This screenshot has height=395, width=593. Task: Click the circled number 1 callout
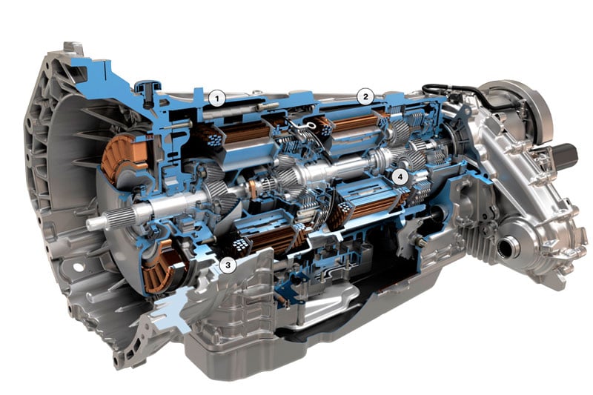pyautogui.click(x=216, y=99)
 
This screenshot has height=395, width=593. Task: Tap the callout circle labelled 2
pyautogui.click(x=365, y=97)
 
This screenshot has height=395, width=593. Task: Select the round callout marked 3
pyautogui.click(x=228, y=265)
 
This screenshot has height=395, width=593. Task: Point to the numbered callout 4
pyautogui.click(x=400, y=176)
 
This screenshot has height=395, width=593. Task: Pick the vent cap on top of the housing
pyautogui.click(x=147, y=88)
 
